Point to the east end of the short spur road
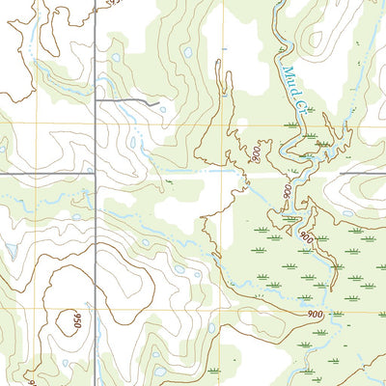pyautogui.click(x=158, y=102)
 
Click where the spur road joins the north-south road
pyautogui.click(x=96, y=98)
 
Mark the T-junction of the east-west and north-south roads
pyautogui.click(x=96, y=175)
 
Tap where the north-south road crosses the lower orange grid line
pyautogui.click(x=96, y=312)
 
